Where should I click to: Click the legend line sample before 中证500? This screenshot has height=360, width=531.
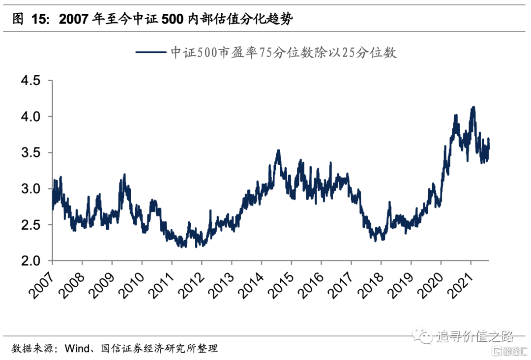(x=149, y=52)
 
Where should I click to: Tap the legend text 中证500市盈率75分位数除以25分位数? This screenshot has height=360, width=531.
(x=283, y=52)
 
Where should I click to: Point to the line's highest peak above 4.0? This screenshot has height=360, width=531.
(x=473, y=107)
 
